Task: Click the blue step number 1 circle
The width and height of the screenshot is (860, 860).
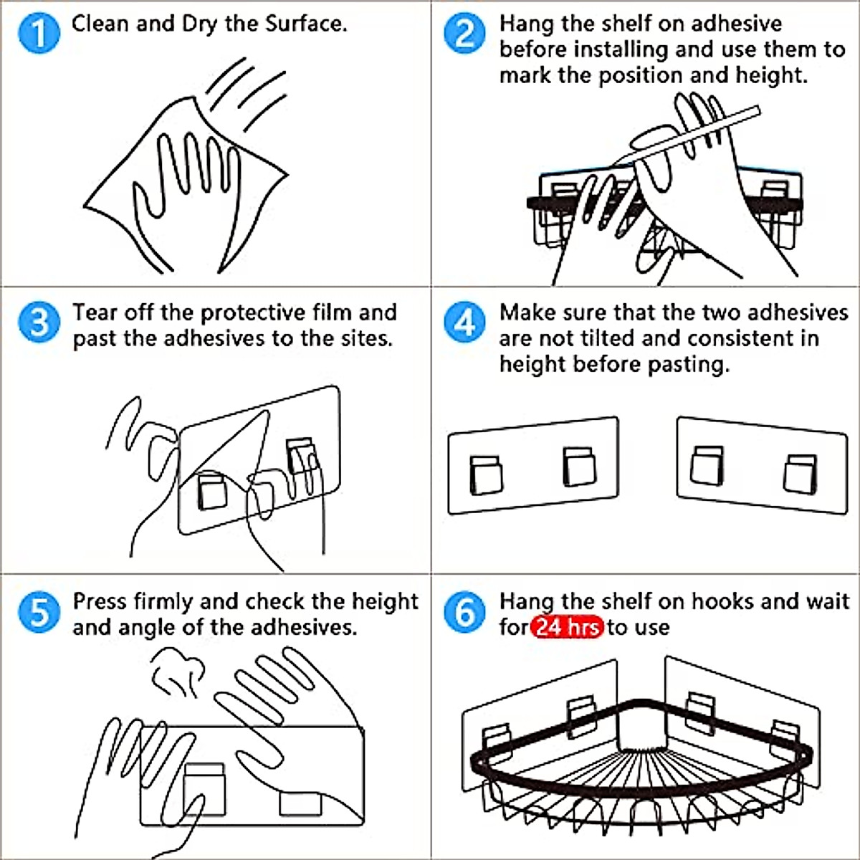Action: pyautogui.click(x=39, y=33)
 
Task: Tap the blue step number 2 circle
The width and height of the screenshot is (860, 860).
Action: pyautogui.click(x=464, y=33)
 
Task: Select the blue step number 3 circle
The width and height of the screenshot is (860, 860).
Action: pyautogui.click(x=39, y=322)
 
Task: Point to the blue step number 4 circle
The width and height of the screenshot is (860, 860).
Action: pyautogui.click(x=464, y=322)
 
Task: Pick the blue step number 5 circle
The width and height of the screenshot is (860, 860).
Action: pyautogui.click(x=39, y=612)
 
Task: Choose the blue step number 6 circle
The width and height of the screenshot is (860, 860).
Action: pyautogui.click(x=464, y=612)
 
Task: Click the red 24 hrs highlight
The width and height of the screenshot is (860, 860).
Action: pyautogui.click(x=567, y=628)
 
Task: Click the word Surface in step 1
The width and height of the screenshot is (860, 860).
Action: pyautogui.click(x=305, y=24)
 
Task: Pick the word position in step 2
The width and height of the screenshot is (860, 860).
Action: pyautogui.click(x=641, y=76)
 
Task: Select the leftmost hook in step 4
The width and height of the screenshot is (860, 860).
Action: pyautogui.click(x=486, y=475)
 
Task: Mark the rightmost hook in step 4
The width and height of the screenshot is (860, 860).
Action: pyautogui.click(x=801, y=474)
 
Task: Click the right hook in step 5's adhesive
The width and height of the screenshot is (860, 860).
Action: pyautogui.click(x=300, y=803)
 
